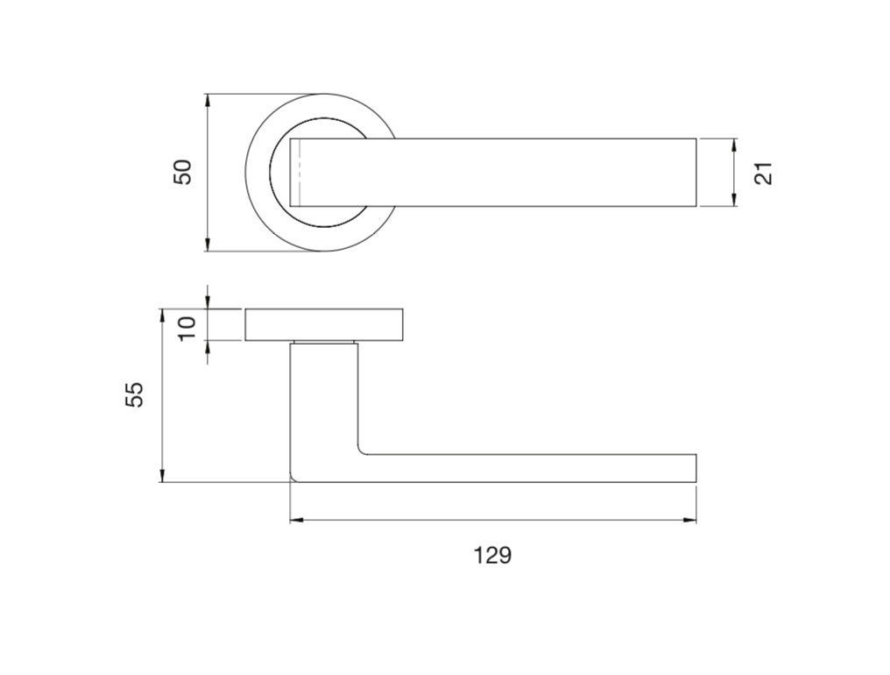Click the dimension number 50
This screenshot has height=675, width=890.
pos(182,172)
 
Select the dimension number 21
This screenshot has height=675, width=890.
pos(764,173)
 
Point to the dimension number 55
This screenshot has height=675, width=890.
pos(134,395)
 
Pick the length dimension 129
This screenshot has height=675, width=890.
pos(492,556)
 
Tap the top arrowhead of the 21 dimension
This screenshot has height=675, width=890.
pos(734,145)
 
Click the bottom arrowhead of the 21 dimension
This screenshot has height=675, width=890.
pos(734,201)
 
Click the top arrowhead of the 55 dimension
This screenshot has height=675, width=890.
pos(162,315)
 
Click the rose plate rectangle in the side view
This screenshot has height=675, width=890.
pos(324,324)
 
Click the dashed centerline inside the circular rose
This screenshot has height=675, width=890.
pos(300,173)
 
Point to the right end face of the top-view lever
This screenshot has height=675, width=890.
pos(696,173)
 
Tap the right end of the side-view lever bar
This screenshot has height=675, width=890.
pos(695,468)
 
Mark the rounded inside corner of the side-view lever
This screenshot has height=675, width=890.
pos(362,451)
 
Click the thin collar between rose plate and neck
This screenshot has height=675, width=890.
pos(324,343)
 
